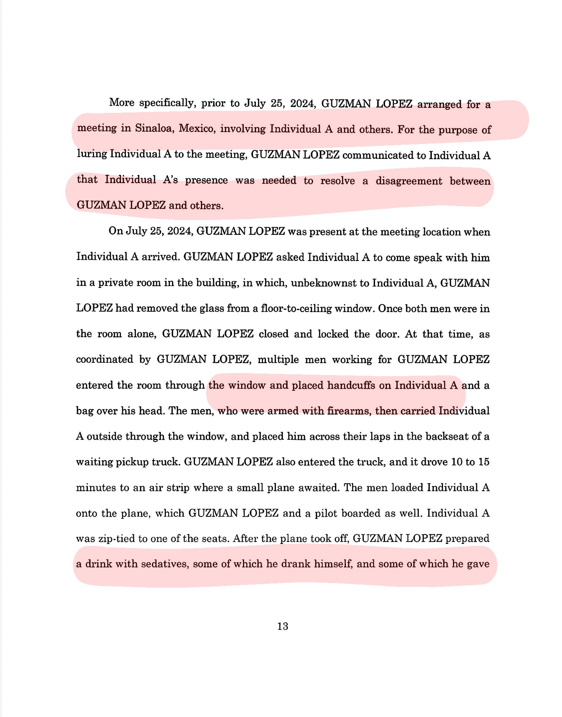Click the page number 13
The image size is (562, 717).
tap(283, 626)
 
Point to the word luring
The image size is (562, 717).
tap(92, 154)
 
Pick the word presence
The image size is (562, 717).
tap(206, 180)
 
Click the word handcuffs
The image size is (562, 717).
tap(351, 385)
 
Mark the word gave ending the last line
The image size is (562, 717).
tap(478, 564)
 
